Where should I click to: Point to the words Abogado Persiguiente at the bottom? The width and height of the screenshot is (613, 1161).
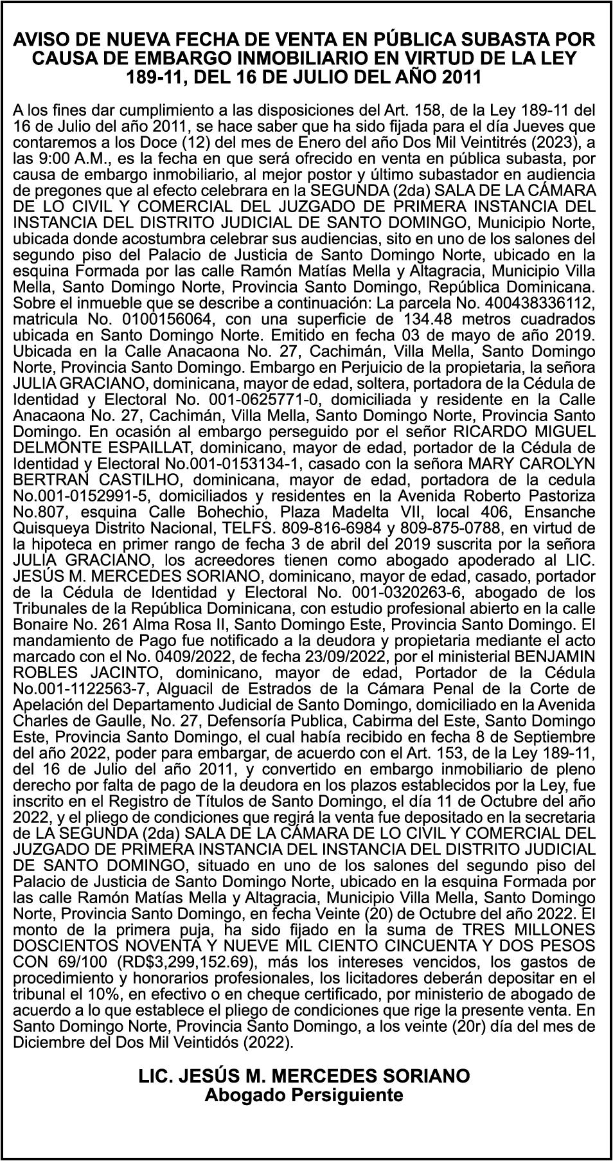click(x=304, y=1094)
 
